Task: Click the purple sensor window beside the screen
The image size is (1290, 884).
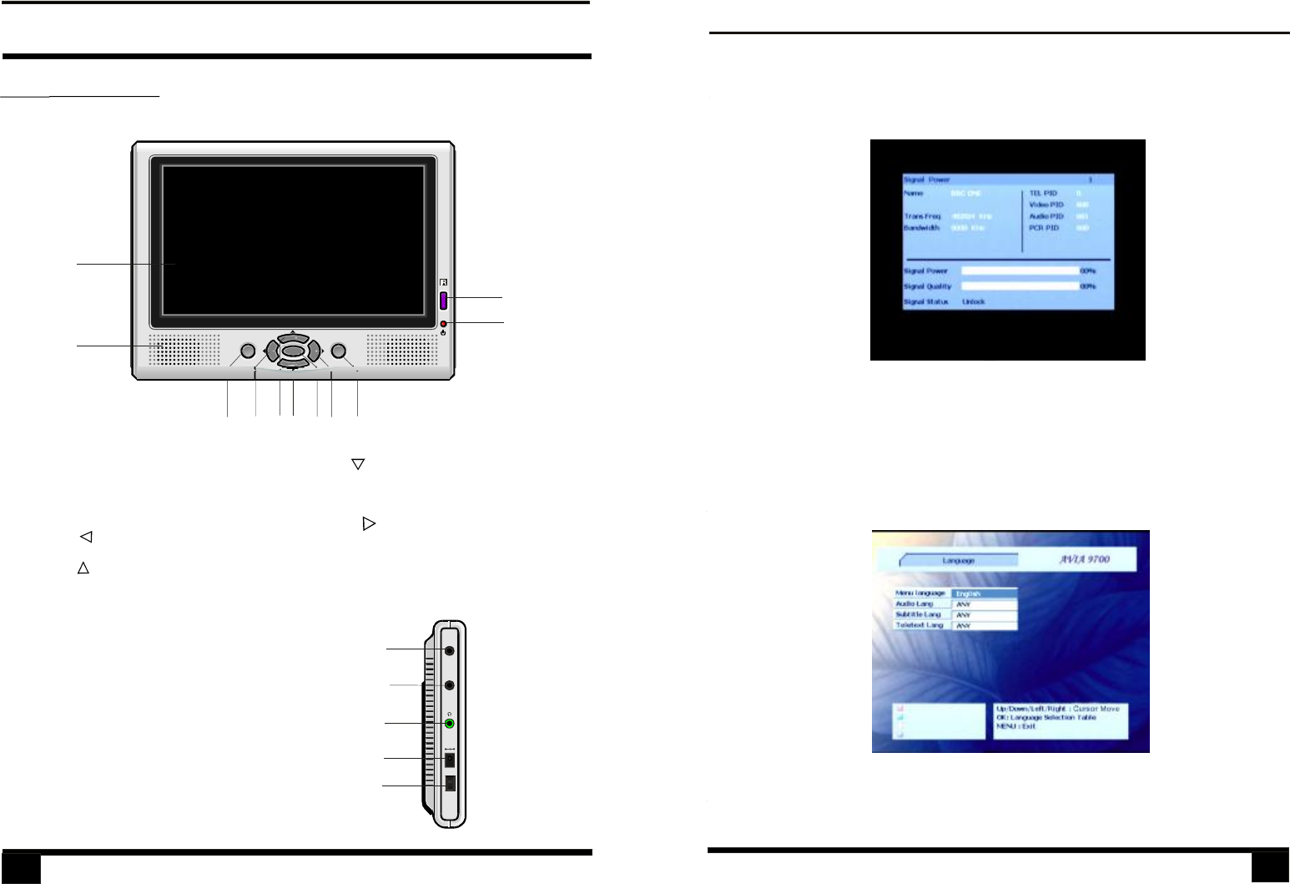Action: (x=444, y=300)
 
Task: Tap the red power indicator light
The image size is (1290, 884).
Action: (x=444, y=324)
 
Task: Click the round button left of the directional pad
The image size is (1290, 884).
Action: (x=248, y=351)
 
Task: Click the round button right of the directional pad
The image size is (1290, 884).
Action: (x=339, y=351)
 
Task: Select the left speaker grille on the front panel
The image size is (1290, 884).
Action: (x=185, y=350)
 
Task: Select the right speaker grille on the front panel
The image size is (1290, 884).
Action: (x=401, y=350)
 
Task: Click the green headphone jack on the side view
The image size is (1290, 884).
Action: (x=450, y=723)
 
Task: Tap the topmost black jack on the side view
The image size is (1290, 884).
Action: (x=450, y=650)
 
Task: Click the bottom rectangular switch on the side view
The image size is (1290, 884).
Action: (x=450, y=784)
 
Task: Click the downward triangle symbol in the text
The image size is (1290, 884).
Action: (x=358, y=464)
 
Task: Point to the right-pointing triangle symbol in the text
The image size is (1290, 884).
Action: (x=369, y=524)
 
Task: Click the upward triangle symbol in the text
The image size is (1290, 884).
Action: (x=83, y=568)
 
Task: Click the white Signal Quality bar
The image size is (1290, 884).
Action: (x=1020, y=286)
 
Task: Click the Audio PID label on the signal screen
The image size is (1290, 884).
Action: (x=1046, y=216)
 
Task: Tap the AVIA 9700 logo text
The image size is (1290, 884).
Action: (x=1085, y=559)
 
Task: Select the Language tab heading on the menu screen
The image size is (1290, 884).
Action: (x=959, y=561)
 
